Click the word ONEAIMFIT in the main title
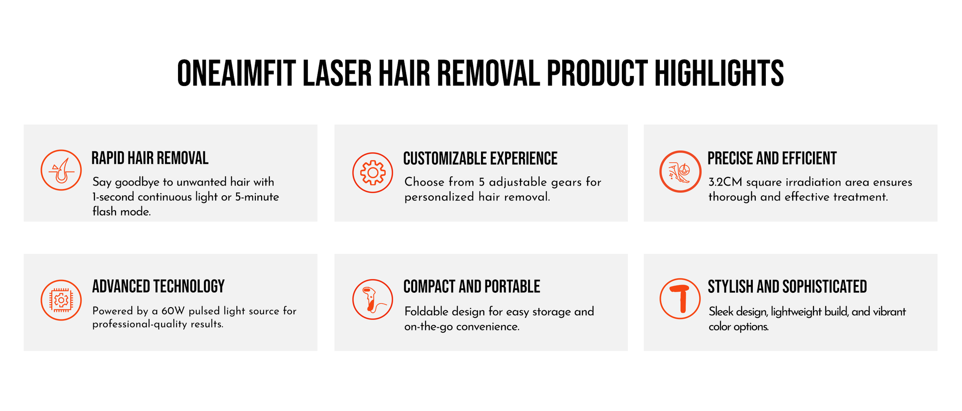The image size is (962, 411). pos(236,74)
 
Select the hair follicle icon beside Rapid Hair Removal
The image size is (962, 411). pos(61,170)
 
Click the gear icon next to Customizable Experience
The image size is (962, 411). pos(373,173)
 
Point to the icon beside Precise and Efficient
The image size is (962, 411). pos(680,172)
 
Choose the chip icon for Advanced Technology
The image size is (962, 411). pos(61,300)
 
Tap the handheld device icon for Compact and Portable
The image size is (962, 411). pos(373,299)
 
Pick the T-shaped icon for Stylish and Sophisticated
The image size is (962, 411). pos(680,299)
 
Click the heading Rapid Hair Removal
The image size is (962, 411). pos(150,158)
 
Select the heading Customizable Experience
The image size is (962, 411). pos(481,159)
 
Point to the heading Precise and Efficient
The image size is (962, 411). pos(772,158)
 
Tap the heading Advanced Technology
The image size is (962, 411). pos(158,286)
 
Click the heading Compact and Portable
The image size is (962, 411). pos(472,286)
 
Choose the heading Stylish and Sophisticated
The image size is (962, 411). pos(787,286)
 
